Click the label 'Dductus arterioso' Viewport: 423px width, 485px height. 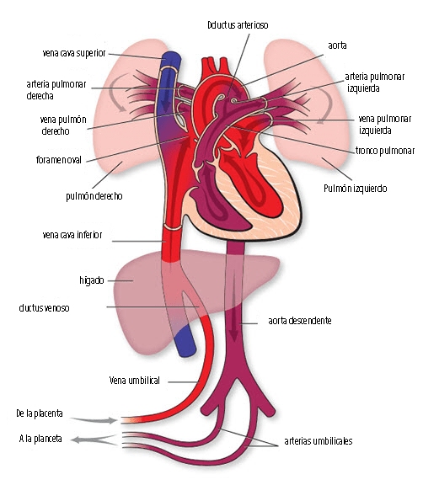pyautogui.click(x=238, y=25)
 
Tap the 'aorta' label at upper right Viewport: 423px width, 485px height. pyautogui.click(x=337, y=45)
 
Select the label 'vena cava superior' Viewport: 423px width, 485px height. pyautogui.click(x=74, y=53)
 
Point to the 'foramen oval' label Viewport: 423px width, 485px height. pyautogui.click(x=59, y=160)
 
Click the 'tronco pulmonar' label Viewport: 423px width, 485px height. pyautogui.click(x=384, y=151)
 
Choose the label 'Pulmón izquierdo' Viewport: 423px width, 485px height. pyautogui.click(x=356, y=189)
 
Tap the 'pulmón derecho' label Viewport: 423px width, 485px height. pyautogui.click(x=94, y=196)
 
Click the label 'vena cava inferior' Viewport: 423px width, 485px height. pyautogui.click(x=72, y=235)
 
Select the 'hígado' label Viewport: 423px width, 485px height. pyautogui.click(x=92, y=280)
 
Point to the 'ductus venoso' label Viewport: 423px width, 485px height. pyautogui.click(x=45, y=308)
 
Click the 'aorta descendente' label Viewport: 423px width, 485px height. pyautogui.click(x=300, y=321)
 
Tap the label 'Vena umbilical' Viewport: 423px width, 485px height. pyautogui.click(x=135, y=380)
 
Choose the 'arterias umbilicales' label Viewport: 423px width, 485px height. pyautogui.click(x=319, y=440)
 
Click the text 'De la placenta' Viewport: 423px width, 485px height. pyautogui.click(x=40, y=413)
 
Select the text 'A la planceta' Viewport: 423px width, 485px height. pyautogui.click(x=40, y=439)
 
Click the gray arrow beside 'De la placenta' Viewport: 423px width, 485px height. pyautogui.click(x=94, y=420)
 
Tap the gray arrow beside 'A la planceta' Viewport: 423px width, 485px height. pyautogui.click(x=94, y=440)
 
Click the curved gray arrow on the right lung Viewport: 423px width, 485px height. pyautogui.click(x=325, y=104)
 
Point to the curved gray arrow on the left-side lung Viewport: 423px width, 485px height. pyautogui.click(x=116, y=92)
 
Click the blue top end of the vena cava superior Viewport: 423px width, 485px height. pyautogui.click(x=171, y=56)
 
